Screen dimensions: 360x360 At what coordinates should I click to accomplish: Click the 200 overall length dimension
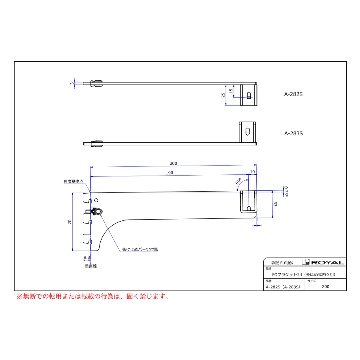pos(173,164)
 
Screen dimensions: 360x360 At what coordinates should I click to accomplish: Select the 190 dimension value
pos(170,173)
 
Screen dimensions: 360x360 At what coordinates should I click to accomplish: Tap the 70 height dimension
pos(70,222)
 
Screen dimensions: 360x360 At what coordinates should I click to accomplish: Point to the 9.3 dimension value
pos(87,258)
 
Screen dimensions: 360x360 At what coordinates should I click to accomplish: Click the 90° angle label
pos(238,181)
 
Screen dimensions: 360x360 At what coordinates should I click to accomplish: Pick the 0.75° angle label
pos(286,192)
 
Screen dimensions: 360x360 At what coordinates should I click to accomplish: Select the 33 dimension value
pos(275,204)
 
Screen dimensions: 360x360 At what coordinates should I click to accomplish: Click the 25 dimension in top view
pos(223,95)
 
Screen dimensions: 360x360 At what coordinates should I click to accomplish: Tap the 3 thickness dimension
pos(72,84)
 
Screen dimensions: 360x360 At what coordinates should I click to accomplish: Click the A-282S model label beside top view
pos(294,94)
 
